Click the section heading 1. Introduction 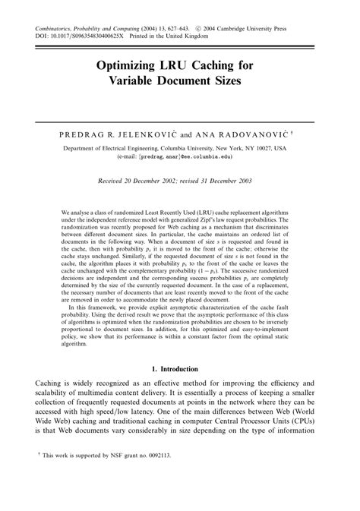click(180, 368)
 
